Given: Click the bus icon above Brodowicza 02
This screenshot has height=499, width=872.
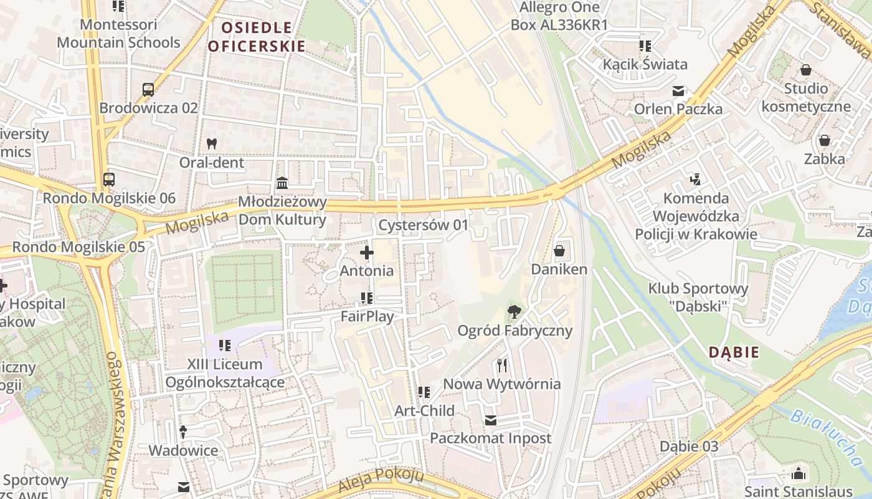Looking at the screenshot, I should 148,90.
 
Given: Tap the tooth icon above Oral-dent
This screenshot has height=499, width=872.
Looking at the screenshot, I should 211,143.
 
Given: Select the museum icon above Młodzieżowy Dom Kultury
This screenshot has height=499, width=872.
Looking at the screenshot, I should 282,183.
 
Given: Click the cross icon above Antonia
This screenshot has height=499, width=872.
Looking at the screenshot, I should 367,253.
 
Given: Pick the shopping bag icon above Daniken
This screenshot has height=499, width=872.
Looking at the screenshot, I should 559,251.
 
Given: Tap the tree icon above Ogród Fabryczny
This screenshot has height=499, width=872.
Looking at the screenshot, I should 514,311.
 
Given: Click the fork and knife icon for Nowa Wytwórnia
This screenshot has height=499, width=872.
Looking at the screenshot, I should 502,365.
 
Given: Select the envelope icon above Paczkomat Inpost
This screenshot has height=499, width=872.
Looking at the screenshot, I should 491,420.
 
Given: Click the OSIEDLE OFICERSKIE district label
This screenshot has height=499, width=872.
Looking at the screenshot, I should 256,37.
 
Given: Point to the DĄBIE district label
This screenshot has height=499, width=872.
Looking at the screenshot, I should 734,352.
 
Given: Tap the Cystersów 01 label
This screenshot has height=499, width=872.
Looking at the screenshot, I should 423,225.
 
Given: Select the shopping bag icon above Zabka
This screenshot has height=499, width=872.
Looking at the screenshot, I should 825,140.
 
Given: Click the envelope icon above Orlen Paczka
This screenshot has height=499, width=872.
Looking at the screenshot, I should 678,91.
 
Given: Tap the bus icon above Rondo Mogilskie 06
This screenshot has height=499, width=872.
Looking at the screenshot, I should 109,180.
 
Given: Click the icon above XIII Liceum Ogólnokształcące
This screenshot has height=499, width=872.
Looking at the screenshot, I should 225,345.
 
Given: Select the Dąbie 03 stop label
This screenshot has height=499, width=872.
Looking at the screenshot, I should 689,446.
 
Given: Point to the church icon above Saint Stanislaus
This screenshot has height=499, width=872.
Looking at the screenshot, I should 798,473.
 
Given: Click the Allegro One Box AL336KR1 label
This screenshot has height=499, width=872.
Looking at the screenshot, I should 559,16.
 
